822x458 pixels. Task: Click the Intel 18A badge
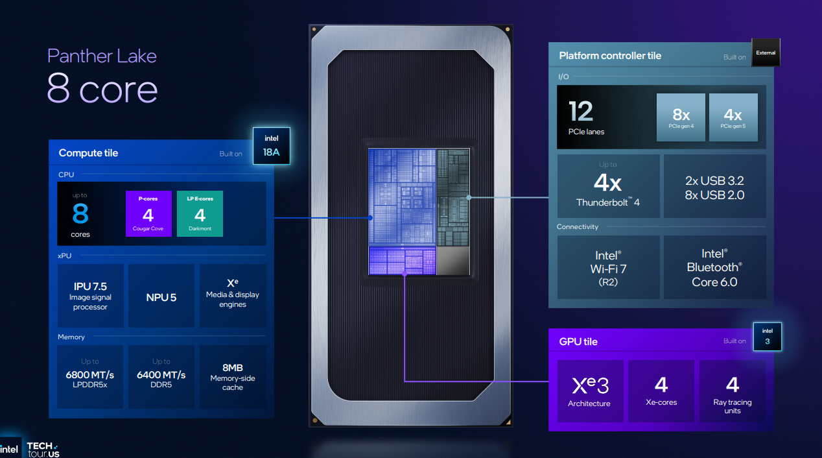point(271,146)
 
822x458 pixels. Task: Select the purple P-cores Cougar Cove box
point(148,213)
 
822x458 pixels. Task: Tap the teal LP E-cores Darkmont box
point(200,213)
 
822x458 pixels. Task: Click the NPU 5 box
point(161,296)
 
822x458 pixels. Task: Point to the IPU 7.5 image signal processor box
point(90,296)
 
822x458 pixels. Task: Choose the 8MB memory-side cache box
point(232,377)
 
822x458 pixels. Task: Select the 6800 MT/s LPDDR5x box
point(90,377)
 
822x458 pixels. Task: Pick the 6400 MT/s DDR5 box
point(161,377)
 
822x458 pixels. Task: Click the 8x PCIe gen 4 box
point(681,117)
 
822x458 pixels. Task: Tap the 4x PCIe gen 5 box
point(733,117)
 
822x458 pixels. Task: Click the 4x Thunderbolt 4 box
point(608,186)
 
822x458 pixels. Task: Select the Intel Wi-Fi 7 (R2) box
point(608,267)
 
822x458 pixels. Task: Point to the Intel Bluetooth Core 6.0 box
point(714,267)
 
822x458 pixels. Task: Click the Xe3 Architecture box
point(590,391)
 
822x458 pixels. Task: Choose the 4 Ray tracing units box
point(733,391)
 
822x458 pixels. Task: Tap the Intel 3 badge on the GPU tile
point(768,337)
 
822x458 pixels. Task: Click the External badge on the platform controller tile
point(766,53)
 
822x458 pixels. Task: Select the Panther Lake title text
point(102,56)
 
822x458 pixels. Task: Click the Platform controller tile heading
point(610,56)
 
